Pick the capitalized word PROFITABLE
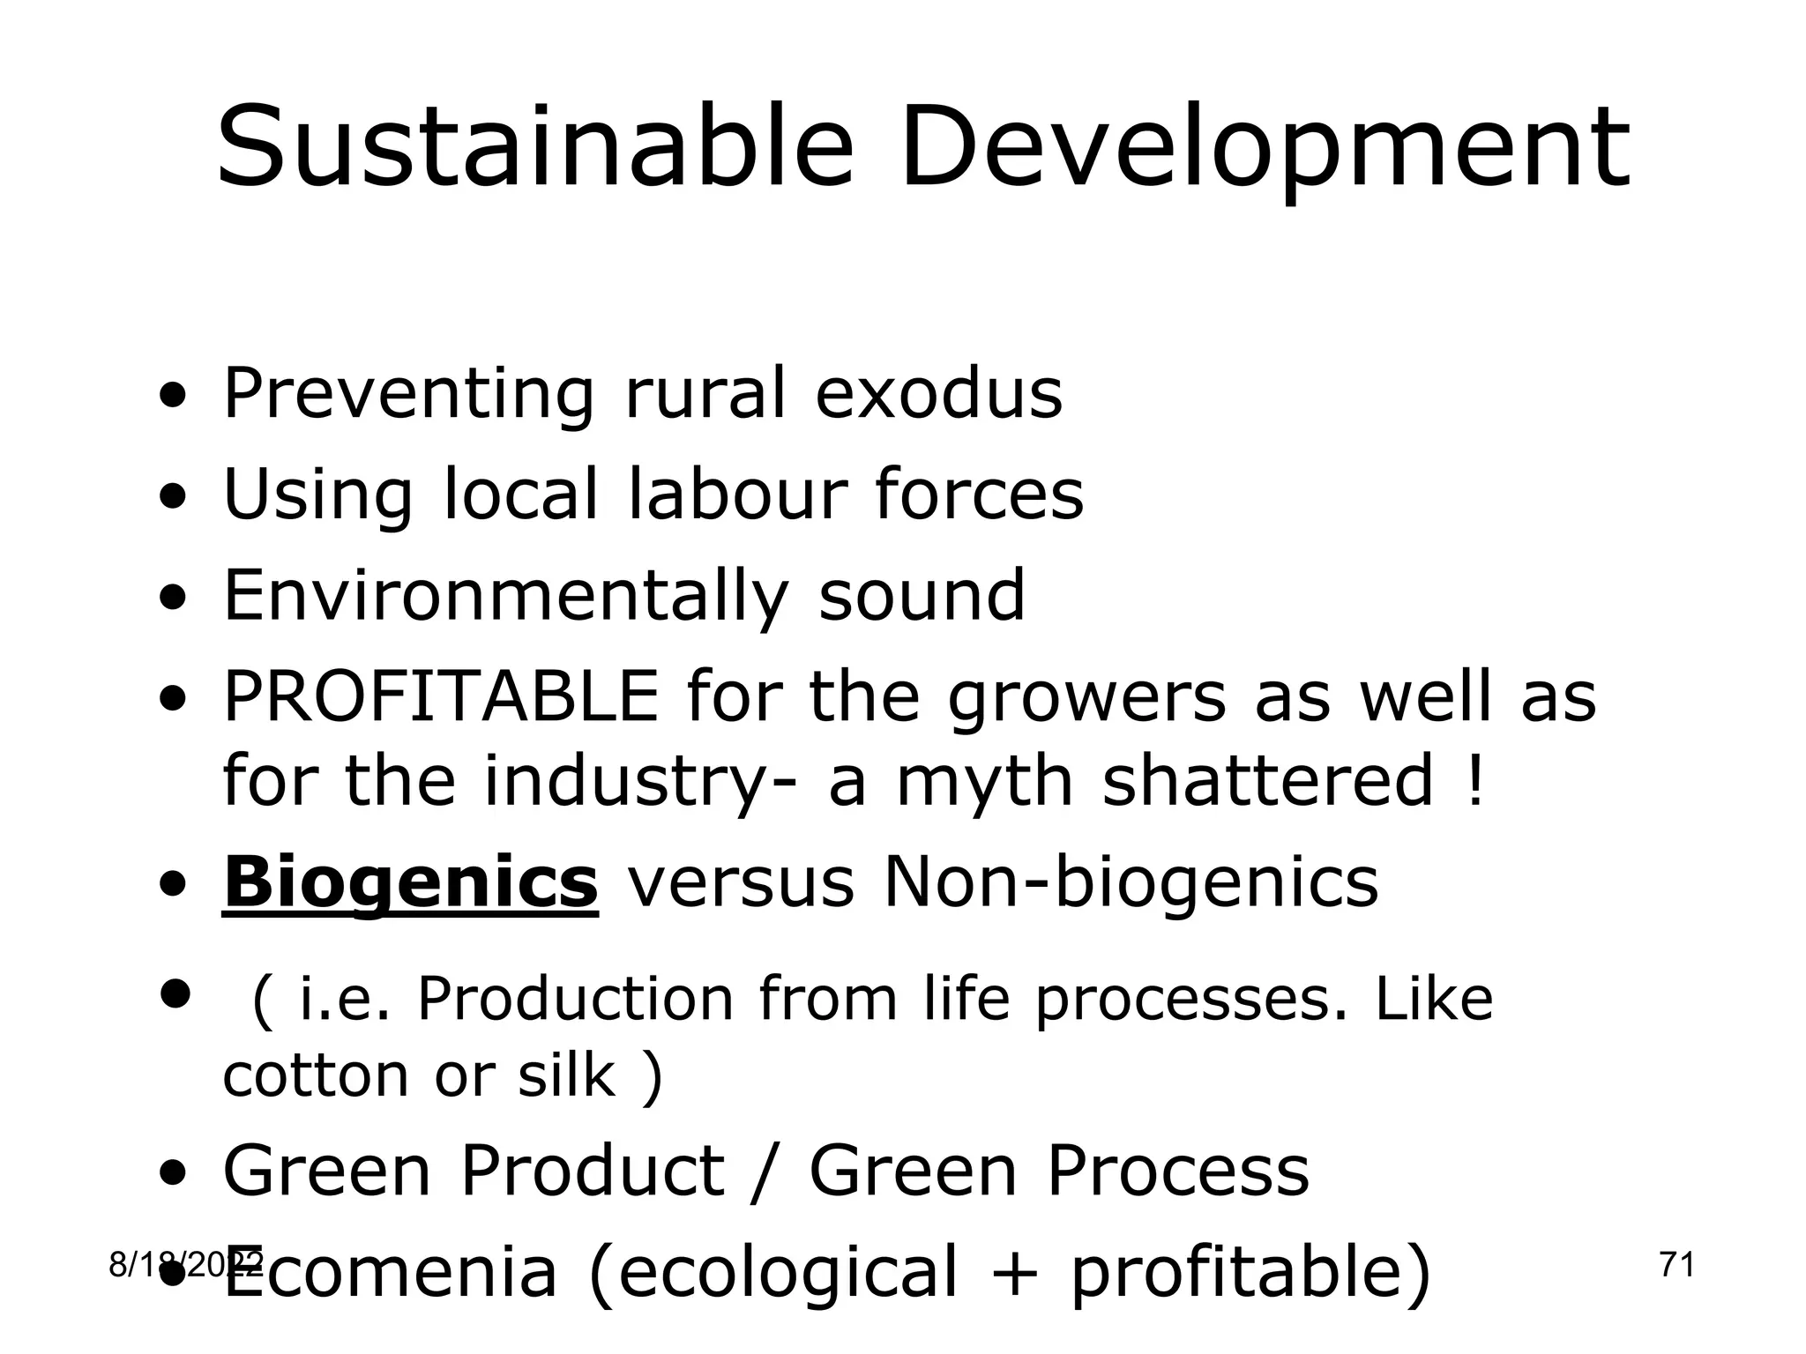tap(441, 696)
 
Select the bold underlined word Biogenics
tap(410, 883)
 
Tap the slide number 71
tap(1677, 1265)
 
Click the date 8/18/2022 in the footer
tap(186, 1265)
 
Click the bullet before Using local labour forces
tap(173, 498)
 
